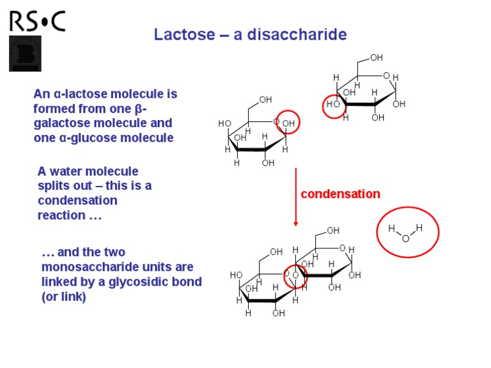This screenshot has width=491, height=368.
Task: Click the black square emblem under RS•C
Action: [x=25, y=53]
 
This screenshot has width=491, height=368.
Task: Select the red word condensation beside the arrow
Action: [x=340, y=194]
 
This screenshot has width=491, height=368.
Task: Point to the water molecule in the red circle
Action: [x=407, y=233]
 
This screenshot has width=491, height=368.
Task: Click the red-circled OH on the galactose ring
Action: [x=288, y=123]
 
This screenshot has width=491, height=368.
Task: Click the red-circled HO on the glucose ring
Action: [x=334, y=105]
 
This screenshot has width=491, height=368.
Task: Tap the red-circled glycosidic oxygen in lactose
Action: [x=295, y=275]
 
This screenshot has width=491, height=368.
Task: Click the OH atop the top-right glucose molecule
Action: [x=377, y=57]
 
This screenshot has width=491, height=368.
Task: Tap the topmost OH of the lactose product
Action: [x=333, y=230]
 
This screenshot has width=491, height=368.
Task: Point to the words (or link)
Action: [x=63, y=297]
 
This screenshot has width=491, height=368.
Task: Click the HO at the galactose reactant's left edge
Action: [x=224, y=123]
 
